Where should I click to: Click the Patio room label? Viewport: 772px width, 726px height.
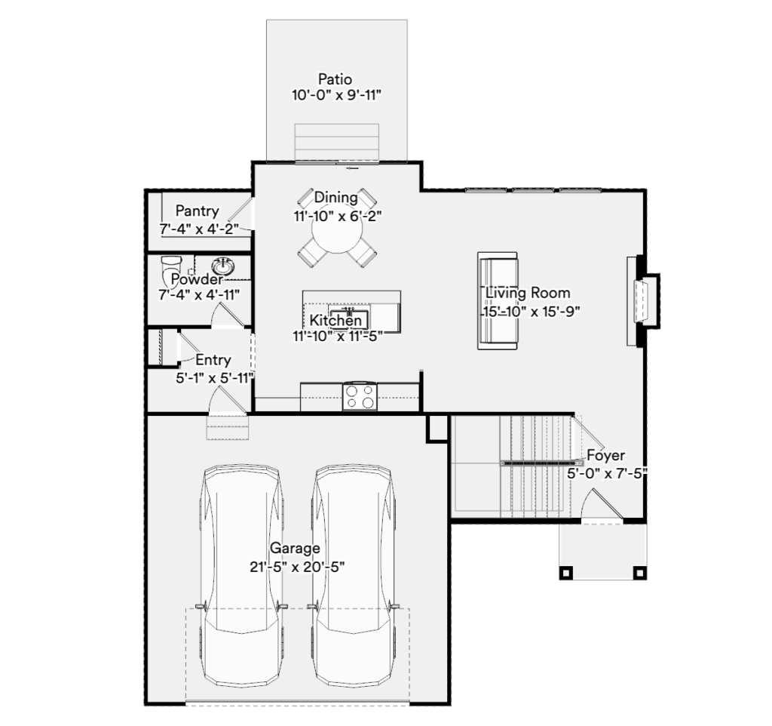(335, 78)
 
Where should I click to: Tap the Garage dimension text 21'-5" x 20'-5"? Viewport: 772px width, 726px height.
(297, 568)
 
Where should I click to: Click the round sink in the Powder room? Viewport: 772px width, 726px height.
(223, 266)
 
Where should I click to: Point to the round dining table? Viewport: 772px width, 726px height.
(337, 228)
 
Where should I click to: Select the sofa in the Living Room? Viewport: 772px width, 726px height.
(498, 300)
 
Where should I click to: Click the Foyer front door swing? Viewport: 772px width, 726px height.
(602, 503)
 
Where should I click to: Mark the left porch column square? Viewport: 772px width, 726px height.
(565, 573)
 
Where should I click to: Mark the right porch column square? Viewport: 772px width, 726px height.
(639, 573)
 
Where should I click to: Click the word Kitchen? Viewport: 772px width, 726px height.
(335, 321)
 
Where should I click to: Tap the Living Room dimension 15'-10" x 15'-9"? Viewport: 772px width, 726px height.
(531, 312)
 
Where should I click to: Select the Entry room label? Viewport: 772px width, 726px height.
(213, 360)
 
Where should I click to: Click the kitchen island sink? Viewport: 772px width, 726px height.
(349, 316)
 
